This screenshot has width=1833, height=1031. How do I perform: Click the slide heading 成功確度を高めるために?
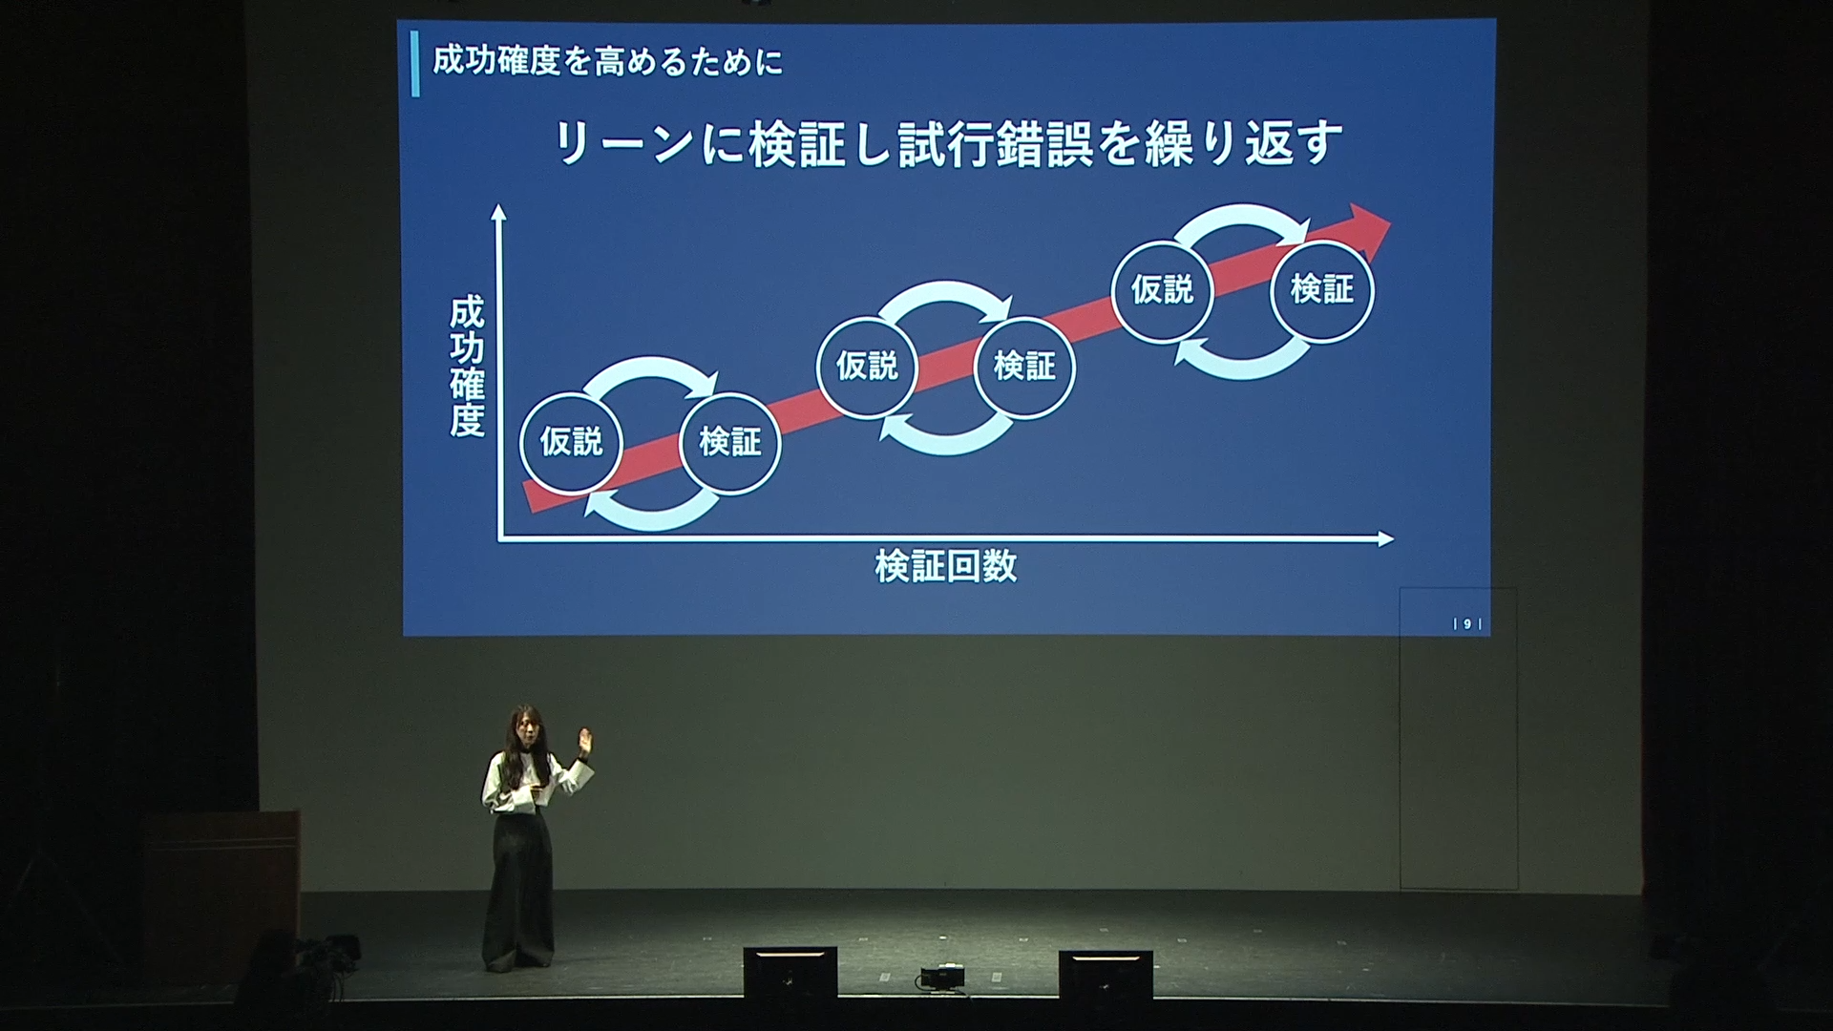[607, 62]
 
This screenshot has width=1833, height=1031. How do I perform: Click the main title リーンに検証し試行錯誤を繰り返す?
[948, 143]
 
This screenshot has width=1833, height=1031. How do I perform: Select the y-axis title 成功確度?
[468, 367]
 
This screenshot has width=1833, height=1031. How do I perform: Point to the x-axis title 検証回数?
[946, 566]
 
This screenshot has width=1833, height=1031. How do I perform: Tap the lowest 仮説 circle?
[571, 443]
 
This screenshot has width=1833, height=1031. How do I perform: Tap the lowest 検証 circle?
[730, 443]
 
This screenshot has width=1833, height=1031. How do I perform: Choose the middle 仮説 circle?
[867, 368]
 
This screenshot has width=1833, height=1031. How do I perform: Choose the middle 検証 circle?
[1025, 368]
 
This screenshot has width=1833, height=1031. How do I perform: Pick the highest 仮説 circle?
[1163, 290]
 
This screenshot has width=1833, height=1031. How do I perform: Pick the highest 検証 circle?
[1322, 290]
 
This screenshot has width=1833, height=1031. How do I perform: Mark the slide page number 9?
[1467, 624]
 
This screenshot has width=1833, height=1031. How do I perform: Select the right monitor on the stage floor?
[1106, 974]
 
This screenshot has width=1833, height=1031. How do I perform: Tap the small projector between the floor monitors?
[941, 978]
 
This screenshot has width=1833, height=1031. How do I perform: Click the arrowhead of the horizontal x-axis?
[1386, 539]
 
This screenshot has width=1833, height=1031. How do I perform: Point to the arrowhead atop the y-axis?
[497, 212]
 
